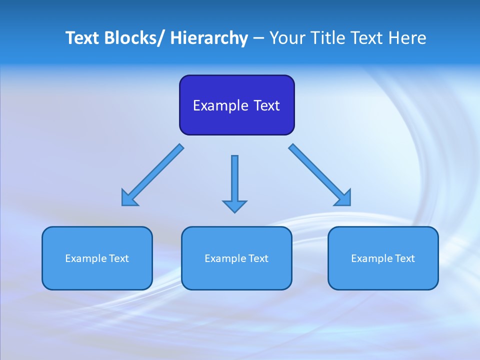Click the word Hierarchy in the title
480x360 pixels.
click(209, 38)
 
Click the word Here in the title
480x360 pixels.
click(407, 38)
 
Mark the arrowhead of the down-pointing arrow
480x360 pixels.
click(234, 205)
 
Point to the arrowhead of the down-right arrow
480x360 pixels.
click(344, 198)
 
